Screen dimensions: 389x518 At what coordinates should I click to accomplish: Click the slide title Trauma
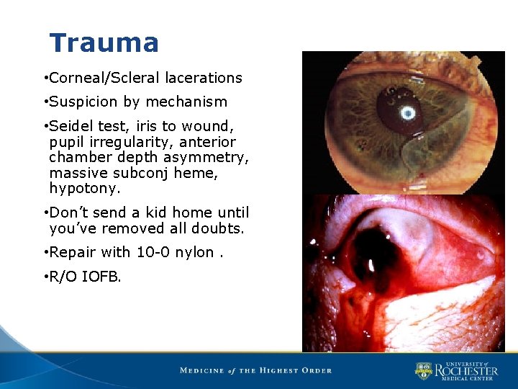click(x=104, y=43)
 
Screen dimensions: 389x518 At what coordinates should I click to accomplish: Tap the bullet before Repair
click(x=45, y=253)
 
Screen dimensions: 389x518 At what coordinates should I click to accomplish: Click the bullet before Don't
click(x=45, y=213)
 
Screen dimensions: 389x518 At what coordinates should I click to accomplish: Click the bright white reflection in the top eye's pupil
click(x=408, y=114)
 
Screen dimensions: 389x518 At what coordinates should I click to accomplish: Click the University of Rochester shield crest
click(x=424, y=370)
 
